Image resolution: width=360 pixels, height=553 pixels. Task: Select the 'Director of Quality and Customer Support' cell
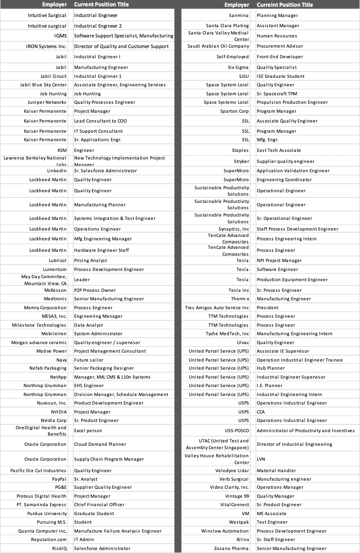pos(121,46)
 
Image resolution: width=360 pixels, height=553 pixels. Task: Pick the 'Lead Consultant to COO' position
pos(100,121)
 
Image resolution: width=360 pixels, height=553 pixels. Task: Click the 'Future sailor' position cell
pos(89,360)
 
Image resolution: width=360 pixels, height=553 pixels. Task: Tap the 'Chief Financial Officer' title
pos(99,505)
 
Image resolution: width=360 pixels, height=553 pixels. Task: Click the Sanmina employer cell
pos(239,16)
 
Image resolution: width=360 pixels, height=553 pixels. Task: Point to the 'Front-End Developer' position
pos(280,57)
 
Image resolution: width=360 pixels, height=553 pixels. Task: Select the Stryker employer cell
pos(241,162)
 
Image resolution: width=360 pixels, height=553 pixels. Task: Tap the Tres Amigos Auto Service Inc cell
pos(217,308)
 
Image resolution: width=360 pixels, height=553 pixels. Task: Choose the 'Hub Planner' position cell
pos(271,368)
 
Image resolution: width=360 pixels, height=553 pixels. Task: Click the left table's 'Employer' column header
pos(54,5)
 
